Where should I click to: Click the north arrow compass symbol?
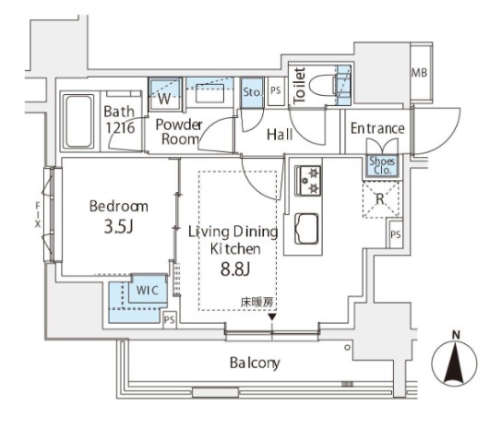(454, 361)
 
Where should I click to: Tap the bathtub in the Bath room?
(78, 121)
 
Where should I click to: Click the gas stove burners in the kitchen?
(307, 181)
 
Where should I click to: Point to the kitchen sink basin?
(306, 228)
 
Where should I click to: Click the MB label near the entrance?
(419, 73)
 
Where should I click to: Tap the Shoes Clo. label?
(382, 165)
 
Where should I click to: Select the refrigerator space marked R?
(380, 199)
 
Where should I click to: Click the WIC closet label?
(148, 290)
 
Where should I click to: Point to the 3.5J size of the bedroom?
(118, 227)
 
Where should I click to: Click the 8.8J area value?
(235, 269)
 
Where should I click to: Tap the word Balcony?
(255, 363)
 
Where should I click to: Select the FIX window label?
(38, 215)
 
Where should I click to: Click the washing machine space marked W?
(164, 99)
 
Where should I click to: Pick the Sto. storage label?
(252, 92)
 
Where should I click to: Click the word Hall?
(280, 135)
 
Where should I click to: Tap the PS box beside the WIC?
(170, 319)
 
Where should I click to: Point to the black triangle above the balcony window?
(272, 317)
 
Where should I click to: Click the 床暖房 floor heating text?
(256, 303)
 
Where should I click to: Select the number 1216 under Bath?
(120, 128)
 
